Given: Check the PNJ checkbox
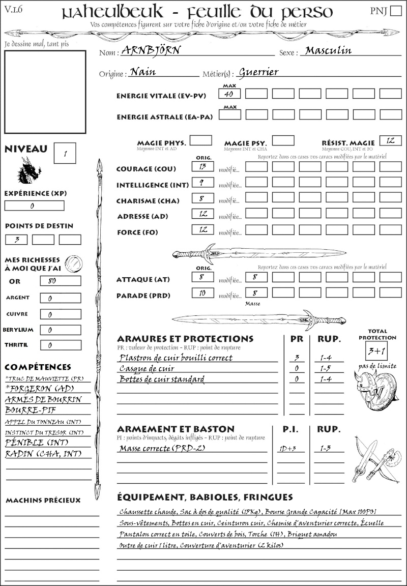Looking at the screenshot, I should pos(395,11).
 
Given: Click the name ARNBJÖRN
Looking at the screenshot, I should pos(151,50).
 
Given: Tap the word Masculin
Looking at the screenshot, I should pos(328,50).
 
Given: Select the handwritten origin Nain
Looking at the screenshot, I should pos(143,72).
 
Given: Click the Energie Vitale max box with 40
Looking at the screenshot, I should pos(230,94).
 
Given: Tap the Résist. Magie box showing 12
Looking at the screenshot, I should pos(390,140).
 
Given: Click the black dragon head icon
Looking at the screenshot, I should pos(29,169).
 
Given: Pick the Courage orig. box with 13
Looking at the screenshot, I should pos(202,166).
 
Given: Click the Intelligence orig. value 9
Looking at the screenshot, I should pos(202,182).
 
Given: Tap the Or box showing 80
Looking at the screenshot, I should pos(60,281).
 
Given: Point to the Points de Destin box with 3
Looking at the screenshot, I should pos(17,239).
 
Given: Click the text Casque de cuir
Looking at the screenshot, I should pos(147,368).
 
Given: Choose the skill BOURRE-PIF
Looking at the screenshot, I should pos(25,409).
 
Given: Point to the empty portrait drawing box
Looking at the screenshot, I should pos(45,92).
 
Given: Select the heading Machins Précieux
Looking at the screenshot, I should pos(43,501).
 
